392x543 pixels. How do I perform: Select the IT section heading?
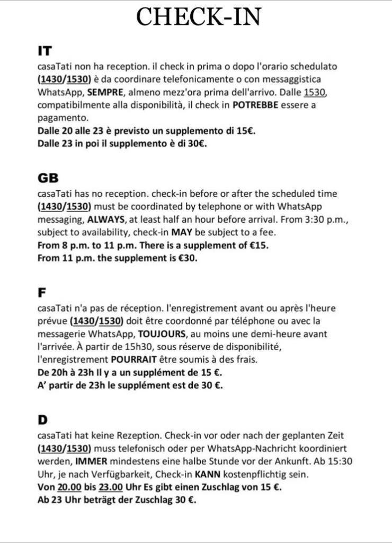click(x=44, y=51)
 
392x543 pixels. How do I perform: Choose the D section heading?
click(x=42, y=420)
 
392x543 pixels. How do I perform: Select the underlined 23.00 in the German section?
click(x=111, y=487)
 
